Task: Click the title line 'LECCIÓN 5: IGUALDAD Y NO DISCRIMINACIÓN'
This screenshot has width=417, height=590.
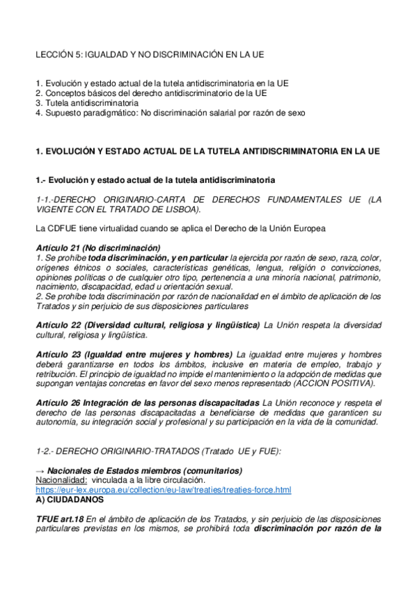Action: point(150,54)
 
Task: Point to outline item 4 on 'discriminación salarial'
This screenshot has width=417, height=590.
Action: point(170,112)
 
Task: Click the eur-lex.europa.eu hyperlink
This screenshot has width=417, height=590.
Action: point(163,490)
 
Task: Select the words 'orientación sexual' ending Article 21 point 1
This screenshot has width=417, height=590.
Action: point(205,287)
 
